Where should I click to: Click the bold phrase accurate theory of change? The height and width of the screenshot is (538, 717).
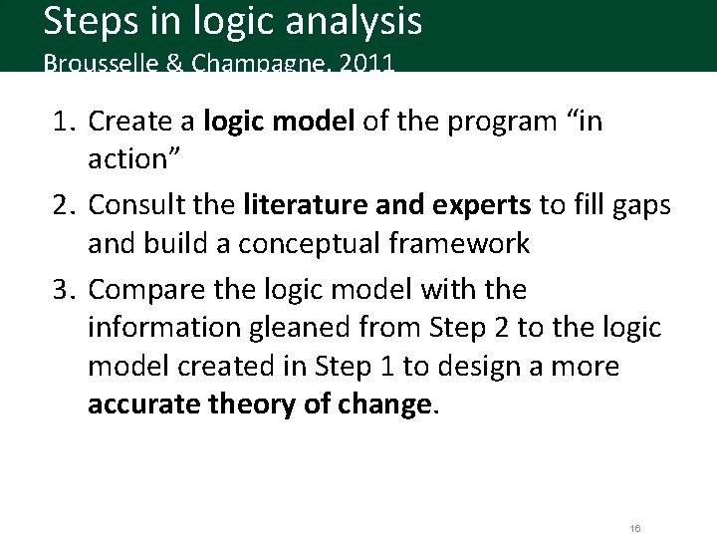coord(260,405)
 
